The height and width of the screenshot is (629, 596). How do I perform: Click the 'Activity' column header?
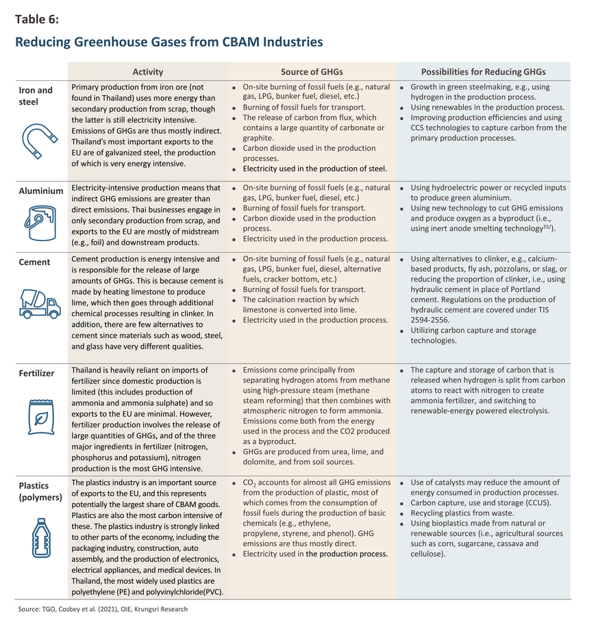point(148,72)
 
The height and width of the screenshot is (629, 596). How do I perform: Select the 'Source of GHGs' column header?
point(312,72)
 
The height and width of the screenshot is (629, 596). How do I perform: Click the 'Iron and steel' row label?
point(35,96)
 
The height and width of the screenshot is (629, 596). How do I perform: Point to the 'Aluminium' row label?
point(41,191)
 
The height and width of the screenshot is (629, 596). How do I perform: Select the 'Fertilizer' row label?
point(37,373)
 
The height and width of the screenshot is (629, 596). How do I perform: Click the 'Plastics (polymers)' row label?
point(40,491)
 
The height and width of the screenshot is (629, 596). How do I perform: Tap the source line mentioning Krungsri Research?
point(103,609)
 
